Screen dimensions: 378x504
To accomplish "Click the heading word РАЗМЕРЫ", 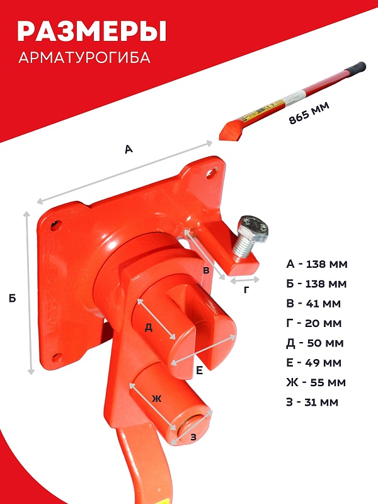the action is click(91, 31).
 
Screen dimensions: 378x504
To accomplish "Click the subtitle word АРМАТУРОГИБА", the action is click(84, 57).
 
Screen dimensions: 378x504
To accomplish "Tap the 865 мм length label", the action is click(309, 113).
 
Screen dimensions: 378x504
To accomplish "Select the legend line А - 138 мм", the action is click(317, 264).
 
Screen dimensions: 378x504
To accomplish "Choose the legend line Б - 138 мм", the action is click(316, 283).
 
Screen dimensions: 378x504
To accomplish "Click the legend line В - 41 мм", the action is click(313, 303).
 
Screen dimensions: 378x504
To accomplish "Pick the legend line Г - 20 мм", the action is click(313, 323).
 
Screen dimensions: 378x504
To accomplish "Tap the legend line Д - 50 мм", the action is click(314, 343).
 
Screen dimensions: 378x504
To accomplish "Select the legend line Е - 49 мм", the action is click(313, 363).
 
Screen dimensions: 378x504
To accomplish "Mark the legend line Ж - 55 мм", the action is click(316, 382).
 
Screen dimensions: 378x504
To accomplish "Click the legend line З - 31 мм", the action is click(312, 402).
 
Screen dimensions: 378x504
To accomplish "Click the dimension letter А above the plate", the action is click(129, 149).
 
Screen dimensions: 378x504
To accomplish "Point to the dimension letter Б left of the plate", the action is click(12, 298).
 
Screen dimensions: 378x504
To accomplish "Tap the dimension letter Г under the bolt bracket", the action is click(246, 290).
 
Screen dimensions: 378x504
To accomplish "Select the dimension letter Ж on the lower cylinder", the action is click(156, 399).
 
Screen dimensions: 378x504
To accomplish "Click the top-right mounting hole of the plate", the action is click(211, 173).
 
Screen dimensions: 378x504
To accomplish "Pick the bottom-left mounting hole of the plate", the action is click(57, 357).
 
